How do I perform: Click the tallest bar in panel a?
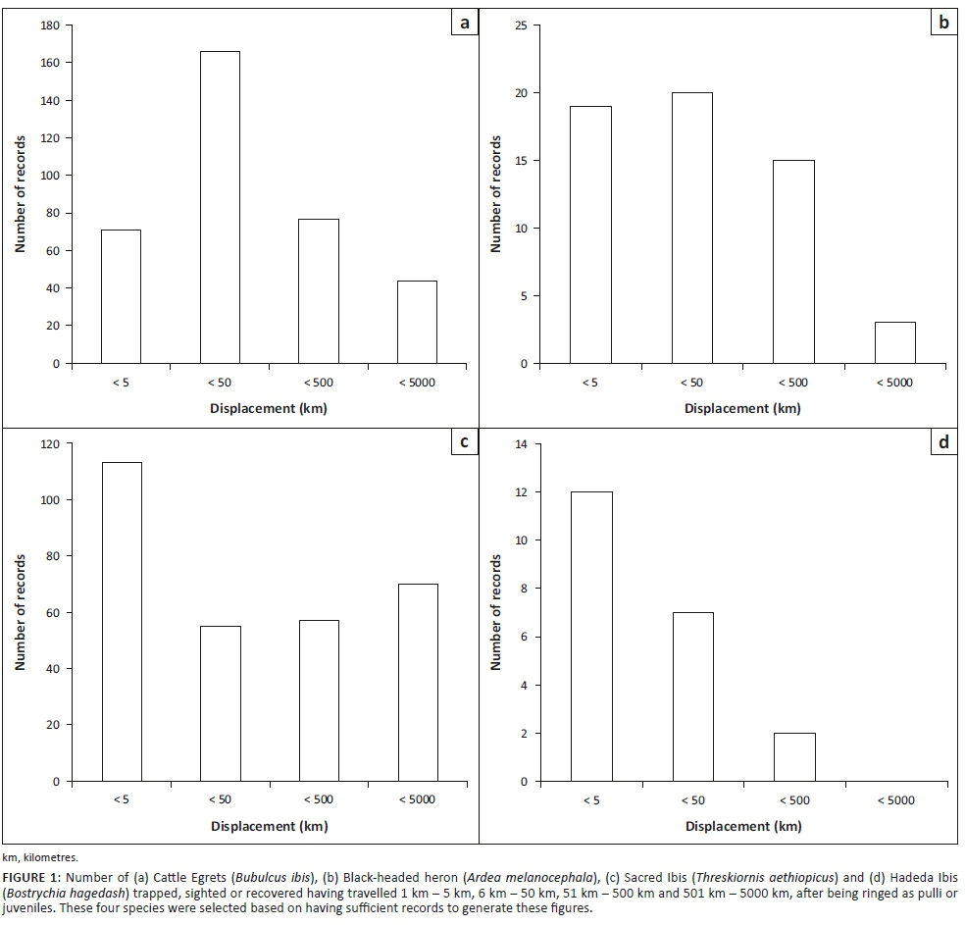point(220,207)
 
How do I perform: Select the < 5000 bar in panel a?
point(417,322)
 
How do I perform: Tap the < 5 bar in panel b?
point(590,234)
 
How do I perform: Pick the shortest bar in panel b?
point(894,342)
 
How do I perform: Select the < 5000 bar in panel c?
point(417,682)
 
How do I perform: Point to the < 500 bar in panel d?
point(794,756)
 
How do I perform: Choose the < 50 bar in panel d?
point(692,696)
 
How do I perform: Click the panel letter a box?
point(464,22)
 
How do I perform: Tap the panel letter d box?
point(942,442)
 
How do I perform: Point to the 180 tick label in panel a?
point(49,26)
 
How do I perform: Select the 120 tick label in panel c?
point(49,444)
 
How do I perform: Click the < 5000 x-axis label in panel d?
point(894,800)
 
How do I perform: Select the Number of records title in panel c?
point(19,613)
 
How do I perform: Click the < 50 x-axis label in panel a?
point(220,383)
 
